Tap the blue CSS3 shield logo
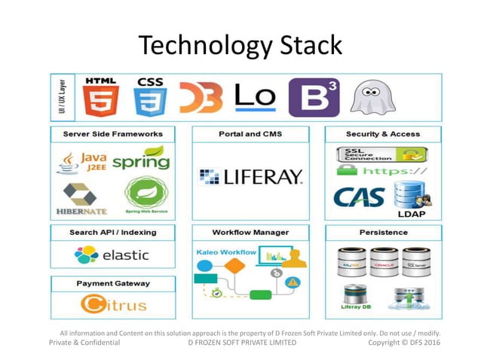(x=151, y=98)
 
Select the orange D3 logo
(x=201, y=97)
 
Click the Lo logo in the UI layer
(x=256, y=96)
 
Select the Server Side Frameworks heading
(x=113, y=134)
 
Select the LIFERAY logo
(x=250, y=178)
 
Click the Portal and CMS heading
(x=250, y=134)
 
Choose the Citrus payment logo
(x=114, y=305)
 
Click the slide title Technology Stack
(x=240, y=45)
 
